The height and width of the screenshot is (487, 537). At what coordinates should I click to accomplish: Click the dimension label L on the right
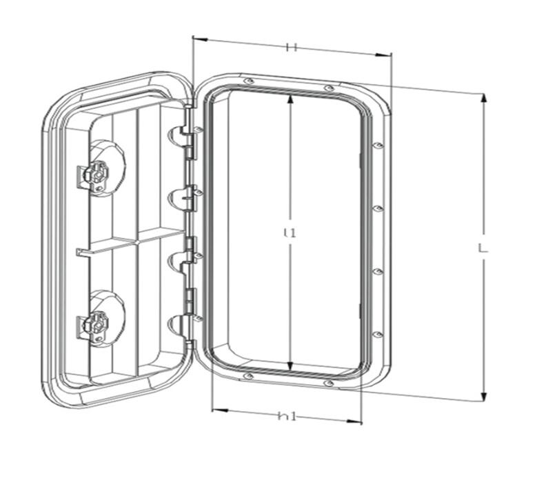pyautogui.click(x=483, y=248)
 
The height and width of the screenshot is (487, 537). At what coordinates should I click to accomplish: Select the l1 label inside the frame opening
pyautogui.click(x=290, y=233)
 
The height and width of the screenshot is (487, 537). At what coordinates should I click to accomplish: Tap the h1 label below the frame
pyautogui.click(x=287, y=417)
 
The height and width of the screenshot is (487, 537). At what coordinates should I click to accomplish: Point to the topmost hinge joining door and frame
pyautogui.click(x=185, y=132)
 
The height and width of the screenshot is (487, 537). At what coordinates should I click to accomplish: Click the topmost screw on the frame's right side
pyautogui.click(x=378, y=146)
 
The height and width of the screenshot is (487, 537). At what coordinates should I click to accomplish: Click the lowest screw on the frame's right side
pyautogui.click(x=378, y=335)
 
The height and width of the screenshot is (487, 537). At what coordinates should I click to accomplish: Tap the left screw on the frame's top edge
pyautogui.click(x=249, y=81)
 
